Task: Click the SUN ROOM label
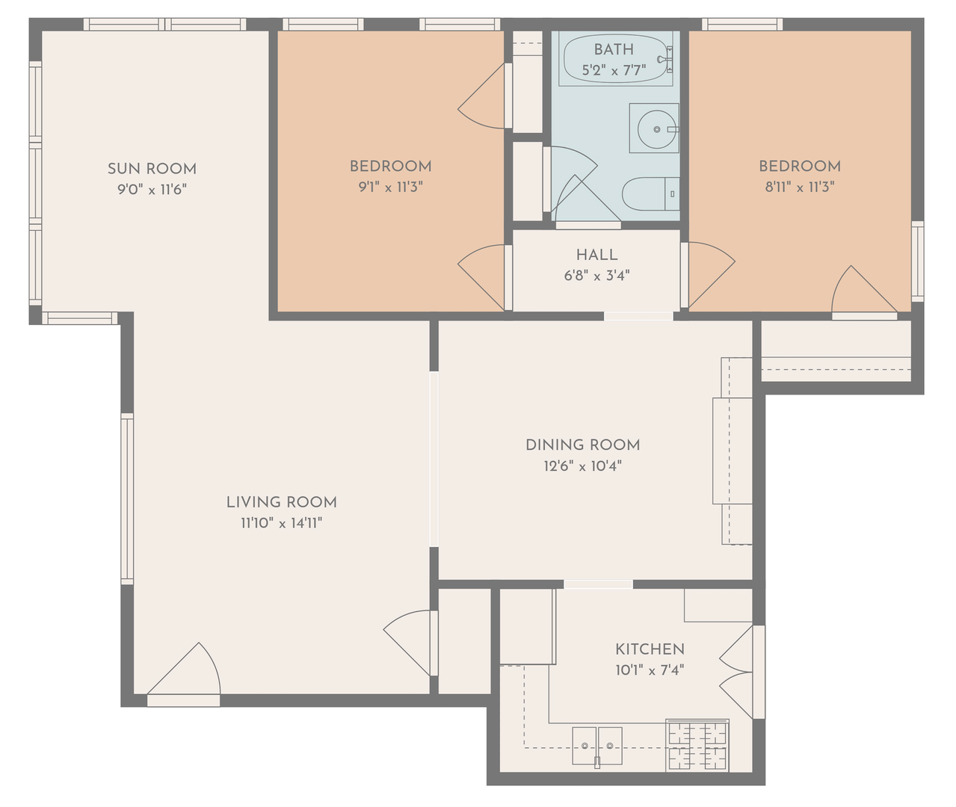152,168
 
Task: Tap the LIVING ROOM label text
282,502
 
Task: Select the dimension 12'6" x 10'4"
582,466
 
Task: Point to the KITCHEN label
650,649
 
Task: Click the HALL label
596,255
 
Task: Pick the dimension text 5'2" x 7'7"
614,70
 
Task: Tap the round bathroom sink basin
656,129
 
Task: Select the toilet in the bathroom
650,194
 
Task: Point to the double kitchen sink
597,746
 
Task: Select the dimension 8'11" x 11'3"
800,187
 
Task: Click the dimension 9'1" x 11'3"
390,187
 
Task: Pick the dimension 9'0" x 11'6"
152,189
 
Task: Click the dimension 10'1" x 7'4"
650,670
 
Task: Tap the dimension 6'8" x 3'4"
596,276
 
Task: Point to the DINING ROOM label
582,445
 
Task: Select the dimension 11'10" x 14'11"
282,523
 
